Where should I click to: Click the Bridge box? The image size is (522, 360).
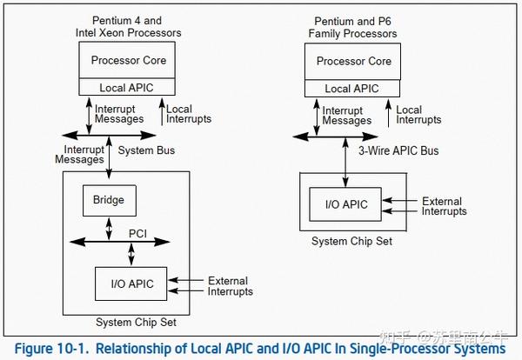tap(109, 200)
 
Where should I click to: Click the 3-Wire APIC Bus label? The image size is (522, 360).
tap(398, 150)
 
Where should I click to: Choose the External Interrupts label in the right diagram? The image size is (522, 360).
tap(444, 206)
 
